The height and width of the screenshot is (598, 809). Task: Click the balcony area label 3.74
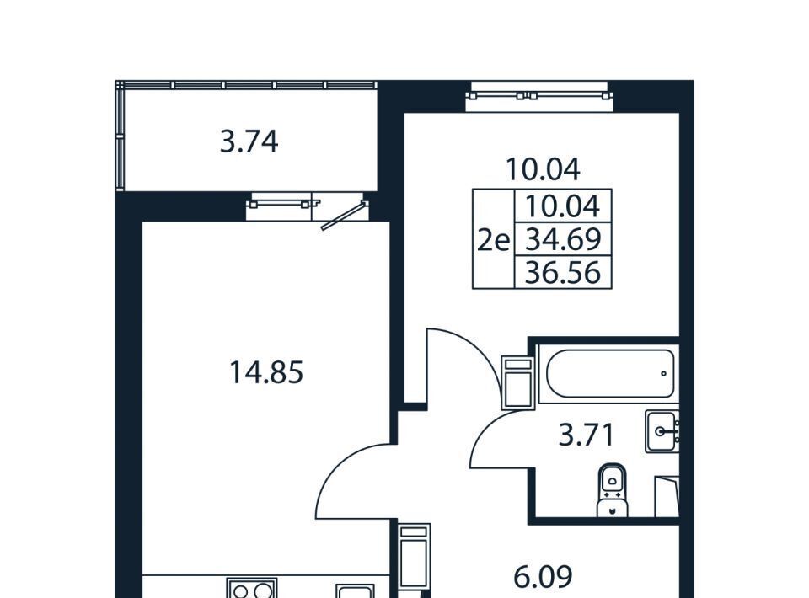[x=249, y=141]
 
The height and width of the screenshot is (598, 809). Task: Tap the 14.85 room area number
[x=266, y=373]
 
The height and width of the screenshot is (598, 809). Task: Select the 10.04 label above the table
[x=543, y=169]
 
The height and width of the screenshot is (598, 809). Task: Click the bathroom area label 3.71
[x=587, y=435]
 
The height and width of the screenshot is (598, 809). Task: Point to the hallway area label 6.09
[x=544, y=576]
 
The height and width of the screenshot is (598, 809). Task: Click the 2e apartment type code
[x=494, y=240]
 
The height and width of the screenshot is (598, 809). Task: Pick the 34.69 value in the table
[x=563, y=239]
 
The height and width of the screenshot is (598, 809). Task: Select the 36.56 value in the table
[x=563, y=272]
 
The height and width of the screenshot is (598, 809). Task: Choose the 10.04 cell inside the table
[x=563, y=206]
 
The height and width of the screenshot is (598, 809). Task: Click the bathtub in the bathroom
[x=609, y=374]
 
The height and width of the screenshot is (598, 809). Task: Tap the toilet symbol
[x=612, y=490]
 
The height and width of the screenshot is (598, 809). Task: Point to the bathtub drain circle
[x=663, y=374]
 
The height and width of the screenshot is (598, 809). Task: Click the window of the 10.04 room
[x=539, y=96]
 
